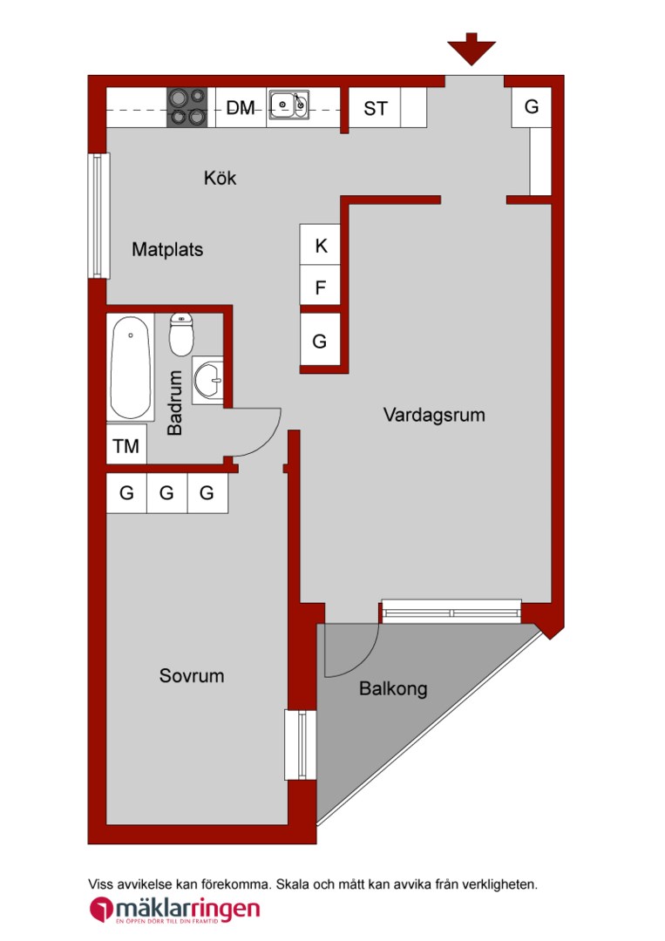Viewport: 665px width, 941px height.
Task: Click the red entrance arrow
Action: coord(472,49)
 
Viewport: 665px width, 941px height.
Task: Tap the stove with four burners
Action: coord(187,107)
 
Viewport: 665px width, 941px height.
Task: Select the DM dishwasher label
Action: coord(240,107)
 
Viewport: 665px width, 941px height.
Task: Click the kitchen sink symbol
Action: coord(288,105)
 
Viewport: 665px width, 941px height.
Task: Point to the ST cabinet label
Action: coord(375,109)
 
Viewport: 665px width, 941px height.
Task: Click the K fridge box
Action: coord(321,245)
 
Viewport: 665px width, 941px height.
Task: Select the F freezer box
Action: coord(321,286)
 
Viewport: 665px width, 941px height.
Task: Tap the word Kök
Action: coord(220,178)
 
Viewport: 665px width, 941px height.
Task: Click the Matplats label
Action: coord(167,249)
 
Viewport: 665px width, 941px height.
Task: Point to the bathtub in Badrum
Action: coord(130,367)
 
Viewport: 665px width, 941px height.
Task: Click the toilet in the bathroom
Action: coord(181,334)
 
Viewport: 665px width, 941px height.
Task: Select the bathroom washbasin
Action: coord(207,380)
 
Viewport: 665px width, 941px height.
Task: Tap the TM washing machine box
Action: coord(126,444)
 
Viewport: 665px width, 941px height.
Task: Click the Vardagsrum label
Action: coord(434,415)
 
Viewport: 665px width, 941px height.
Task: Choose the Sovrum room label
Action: coord(192,676)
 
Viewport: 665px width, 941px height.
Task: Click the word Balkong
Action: coord(393,688)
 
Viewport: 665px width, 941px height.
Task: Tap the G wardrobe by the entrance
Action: coord(531,107)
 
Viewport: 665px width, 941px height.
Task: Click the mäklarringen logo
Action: coord(174,909)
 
